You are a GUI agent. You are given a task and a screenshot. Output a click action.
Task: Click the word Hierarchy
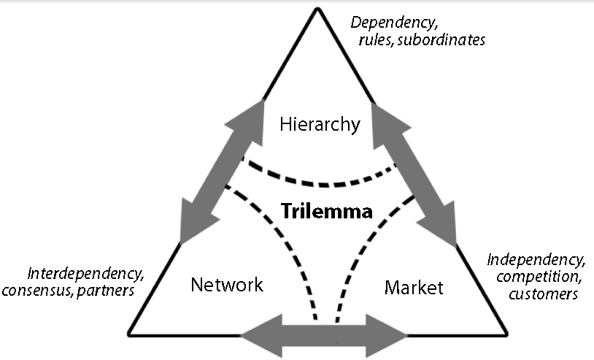coord(320,125)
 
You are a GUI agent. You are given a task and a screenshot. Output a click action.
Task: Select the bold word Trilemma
coord(327,212)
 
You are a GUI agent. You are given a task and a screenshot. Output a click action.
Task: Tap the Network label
coord(226,285)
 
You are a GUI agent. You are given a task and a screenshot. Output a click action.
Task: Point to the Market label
coord(413,288)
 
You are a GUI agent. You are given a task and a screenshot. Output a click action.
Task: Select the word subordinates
coord(444,40)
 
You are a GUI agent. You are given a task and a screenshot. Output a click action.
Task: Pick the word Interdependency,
coord(85,275)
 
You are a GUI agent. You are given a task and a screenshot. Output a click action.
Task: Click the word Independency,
coord(536,260)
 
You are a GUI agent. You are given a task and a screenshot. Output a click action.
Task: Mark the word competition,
coord(534,277)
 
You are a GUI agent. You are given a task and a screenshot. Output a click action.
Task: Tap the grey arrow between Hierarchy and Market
coord(417,173)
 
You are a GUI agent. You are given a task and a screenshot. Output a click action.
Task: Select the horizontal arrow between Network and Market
coord(323,337)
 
